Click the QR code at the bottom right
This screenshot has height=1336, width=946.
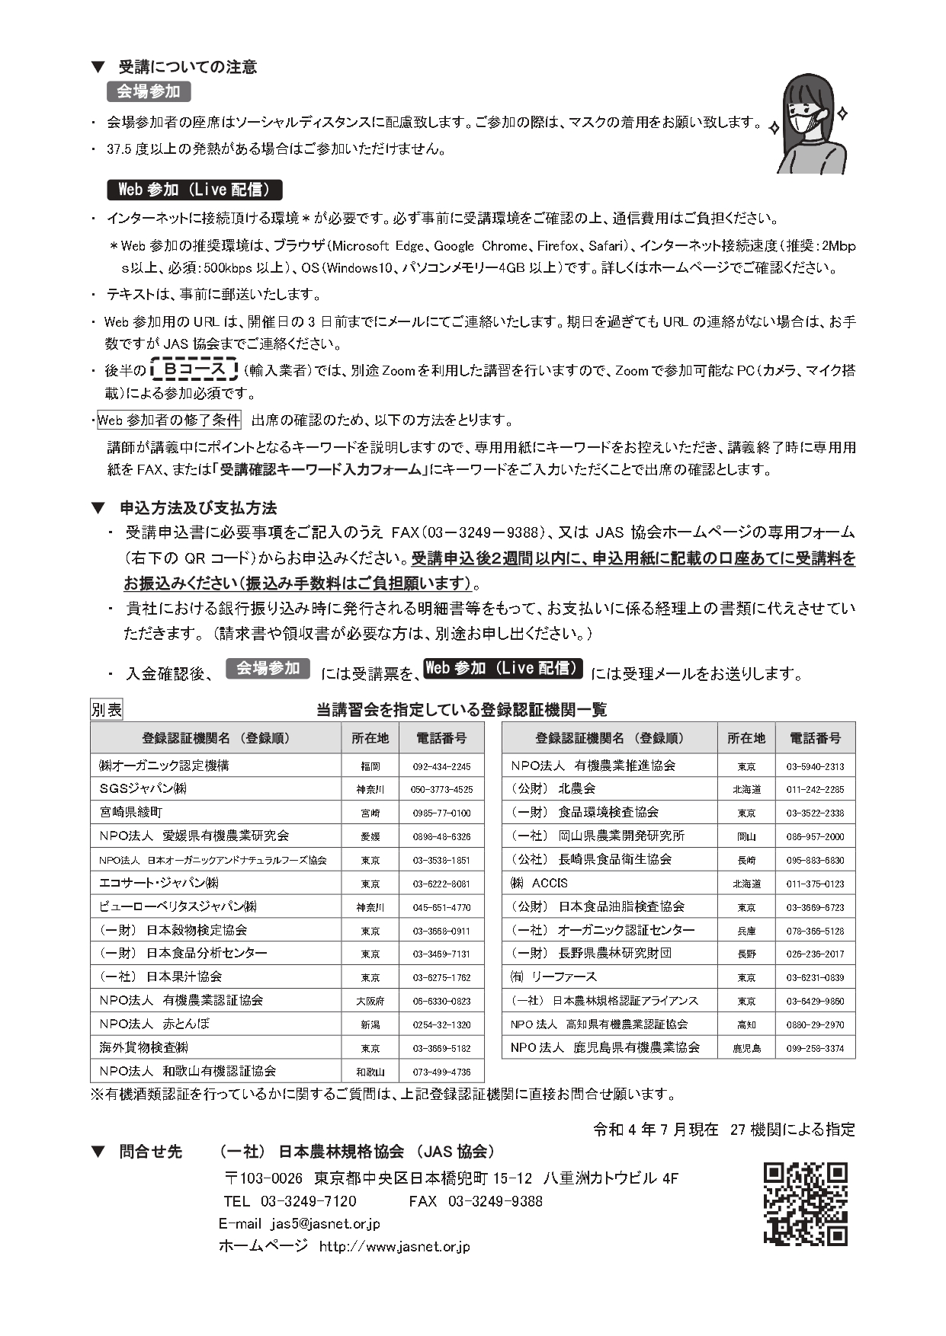tap(805, 1204)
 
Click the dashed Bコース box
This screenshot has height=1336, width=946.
tap(194, 370)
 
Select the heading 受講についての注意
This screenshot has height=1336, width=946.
tap(188, 67)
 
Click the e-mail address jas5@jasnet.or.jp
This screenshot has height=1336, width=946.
tap(325, 1223)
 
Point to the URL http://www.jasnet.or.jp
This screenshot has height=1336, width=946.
tap(394, 1246)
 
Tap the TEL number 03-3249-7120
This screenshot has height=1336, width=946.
tap(308, 1201)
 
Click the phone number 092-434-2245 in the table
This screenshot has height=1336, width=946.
tap(441, 766)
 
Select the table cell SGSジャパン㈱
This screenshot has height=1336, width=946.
tap(143, 789)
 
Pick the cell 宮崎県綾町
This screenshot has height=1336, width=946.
tap(131, 813)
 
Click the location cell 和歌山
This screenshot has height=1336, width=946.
tap(370, 1072)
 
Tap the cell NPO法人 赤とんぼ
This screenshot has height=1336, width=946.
tap(154, 1024)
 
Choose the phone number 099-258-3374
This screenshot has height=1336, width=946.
tap(815, 1048)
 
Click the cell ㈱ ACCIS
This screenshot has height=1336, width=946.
tap(539, 884)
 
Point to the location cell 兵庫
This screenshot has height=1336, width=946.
tap(746, 931)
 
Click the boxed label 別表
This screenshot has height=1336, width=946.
tap(107, 710)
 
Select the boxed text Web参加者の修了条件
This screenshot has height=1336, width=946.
tap(168, 420)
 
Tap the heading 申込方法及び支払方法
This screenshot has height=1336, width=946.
tap(197, 508)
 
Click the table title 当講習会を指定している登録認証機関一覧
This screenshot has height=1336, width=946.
tap(461, 710)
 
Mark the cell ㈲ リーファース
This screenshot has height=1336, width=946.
tap(553, 977)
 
